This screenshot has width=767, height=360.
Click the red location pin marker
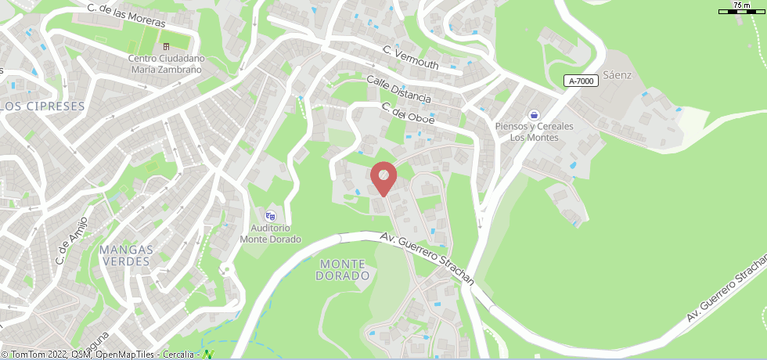(383, 178)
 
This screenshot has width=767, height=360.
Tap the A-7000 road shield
(581, 81)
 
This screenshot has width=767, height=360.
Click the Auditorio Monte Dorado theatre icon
(271, 216)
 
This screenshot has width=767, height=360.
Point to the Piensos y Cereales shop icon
(534, 114)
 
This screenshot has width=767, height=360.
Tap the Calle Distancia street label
(398, 88)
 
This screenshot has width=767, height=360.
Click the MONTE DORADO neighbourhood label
(344, 270)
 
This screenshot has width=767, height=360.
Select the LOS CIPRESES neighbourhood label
(42, 106)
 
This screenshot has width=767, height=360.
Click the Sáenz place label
(617, 75)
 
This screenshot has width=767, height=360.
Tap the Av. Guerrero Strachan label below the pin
(427, 258)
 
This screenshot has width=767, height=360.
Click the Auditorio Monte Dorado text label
(270, 234)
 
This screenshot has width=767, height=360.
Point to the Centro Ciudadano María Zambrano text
(165, 63)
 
